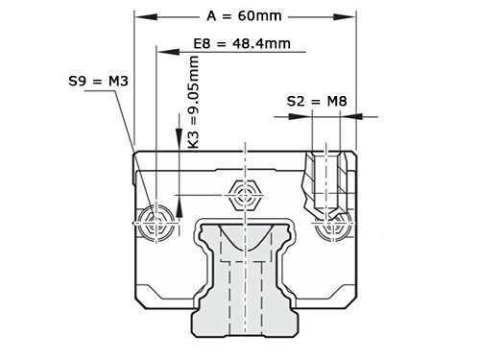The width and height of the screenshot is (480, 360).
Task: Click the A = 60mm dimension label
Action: point(245,15)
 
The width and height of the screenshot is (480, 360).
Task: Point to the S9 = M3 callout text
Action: point(99,83)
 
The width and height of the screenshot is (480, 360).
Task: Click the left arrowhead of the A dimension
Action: point(140,15)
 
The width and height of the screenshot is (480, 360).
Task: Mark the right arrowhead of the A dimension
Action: point(351,15)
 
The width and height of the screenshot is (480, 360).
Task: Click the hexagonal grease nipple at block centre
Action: point(246,196)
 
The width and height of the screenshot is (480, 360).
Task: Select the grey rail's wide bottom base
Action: point(246,322)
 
